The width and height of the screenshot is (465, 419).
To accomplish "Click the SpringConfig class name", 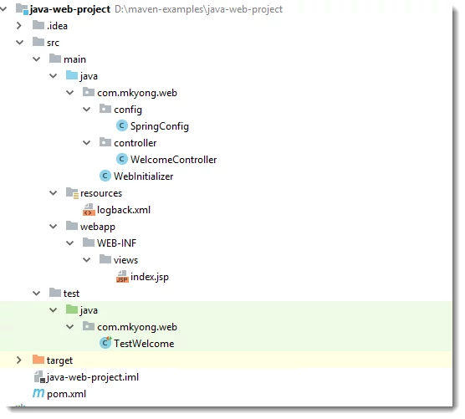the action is pos(159,126).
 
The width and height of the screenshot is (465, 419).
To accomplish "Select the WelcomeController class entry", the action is pos(173,160).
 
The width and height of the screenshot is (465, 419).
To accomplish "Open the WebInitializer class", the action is pos(144,176).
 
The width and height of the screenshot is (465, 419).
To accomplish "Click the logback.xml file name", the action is pos(124,210).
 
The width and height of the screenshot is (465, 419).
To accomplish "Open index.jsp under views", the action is pos(150,277).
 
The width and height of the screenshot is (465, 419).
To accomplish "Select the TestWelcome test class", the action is pos(144,344).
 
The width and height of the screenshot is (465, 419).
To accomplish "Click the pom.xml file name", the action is pos(66,394).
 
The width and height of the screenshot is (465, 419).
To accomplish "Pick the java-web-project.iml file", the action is pos(93,377).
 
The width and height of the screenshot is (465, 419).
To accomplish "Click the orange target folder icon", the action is pos(38,360).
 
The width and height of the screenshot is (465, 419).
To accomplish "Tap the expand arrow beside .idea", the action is pos(19,25).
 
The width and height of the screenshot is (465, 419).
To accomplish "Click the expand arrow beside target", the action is pos(19,360).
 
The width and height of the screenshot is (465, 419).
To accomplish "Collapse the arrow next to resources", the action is pos(53,193).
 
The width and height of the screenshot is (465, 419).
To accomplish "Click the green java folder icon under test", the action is pos(72,309).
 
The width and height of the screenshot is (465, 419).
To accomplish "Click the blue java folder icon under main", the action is pos(72,75).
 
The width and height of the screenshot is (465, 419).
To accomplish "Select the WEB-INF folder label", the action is pos(116,243).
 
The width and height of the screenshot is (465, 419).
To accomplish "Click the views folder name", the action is pos(125,260).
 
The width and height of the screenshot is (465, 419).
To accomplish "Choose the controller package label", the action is pos(135,143).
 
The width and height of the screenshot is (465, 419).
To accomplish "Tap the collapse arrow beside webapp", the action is pos(53,227).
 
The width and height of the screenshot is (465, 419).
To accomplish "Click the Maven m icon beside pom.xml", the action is pos(38,393).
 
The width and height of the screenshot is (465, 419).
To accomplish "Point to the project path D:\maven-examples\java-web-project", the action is pos(198,9).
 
